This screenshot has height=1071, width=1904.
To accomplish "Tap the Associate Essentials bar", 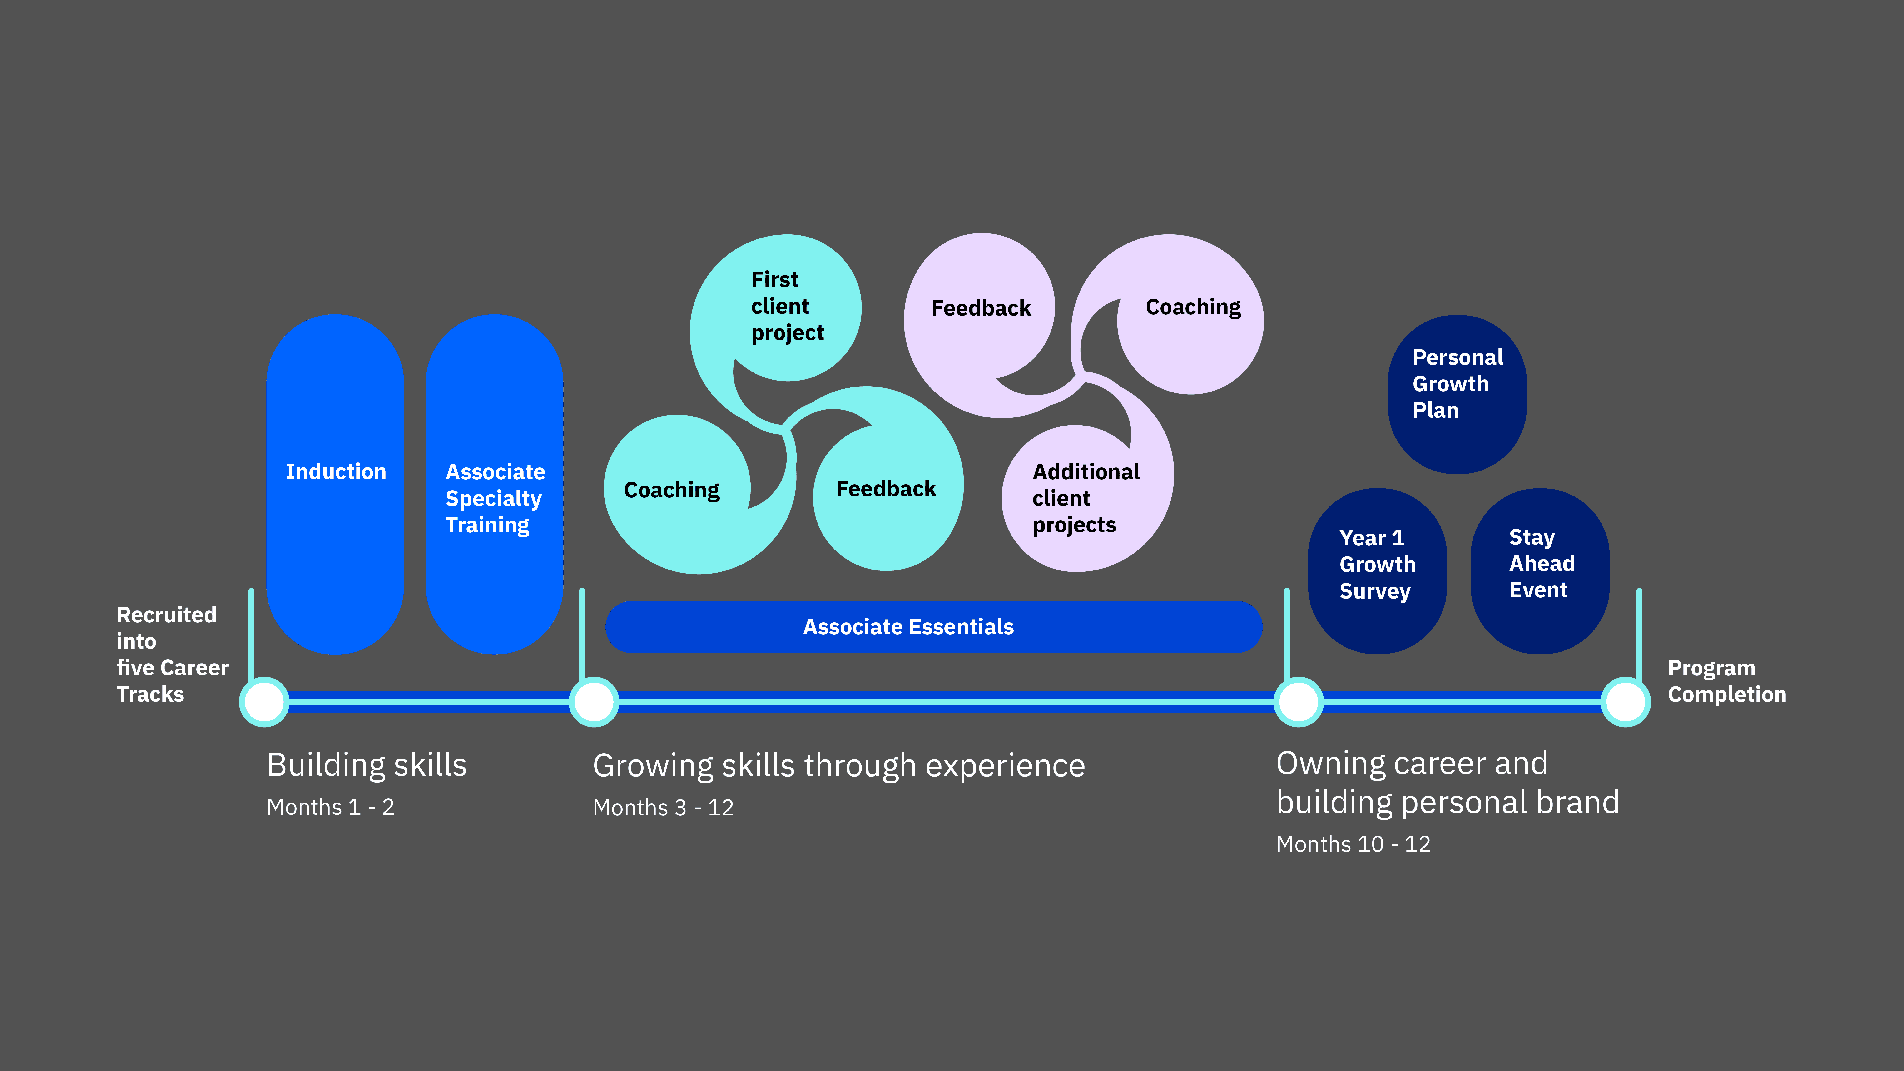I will [x=933, y=627].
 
